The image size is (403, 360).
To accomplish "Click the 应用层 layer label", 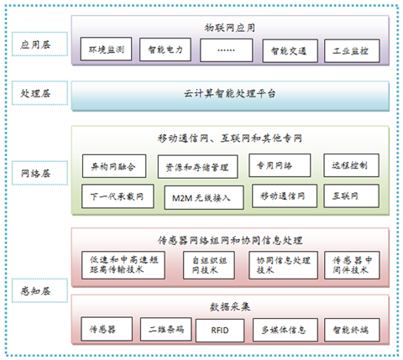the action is click(39, 44).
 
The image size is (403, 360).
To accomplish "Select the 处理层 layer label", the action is click(39, 93).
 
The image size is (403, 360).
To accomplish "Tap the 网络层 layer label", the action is click(39, 173).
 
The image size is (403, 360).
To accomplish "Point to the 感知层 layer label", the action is click(39, 290).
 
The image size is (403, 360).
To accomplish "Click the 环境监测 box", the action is click(106, 49).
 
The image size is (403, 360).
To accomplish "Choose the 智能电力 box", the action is click(165, 50).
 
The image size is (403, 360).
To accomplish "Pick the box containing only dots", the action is click(226, 50).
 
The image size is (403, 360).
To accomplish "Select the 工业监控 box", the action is click(352, 50).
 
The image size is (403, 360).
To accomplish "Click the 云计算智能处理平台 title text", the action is click(229, 93).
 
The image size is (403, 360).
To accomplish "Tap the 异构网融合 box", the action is click(114, 166).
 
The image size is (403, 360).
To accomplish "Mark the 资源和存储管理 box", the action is click(198, 167).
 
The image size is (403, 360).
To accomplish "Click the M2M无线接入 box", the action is click(204, 197).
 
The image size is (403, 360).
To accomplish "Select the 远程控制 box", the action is click(352, 165).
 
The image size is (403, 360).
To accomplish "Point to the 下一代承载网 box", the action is click(118, 196).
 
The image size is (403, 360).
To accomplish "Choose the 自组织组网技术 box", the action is click(209, 265).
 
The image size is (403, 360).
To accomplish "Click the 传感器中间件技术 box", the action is click(352, 265).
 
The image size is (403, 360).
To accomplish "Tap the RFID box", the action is click(220, 331).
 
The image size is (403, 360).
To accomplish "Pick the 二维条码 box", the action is click(166, 329).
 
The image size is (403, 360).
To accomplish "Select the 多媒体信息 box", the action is click(285, 330).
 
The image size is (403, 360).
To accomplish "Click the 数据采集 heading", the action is click(230, 307).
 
